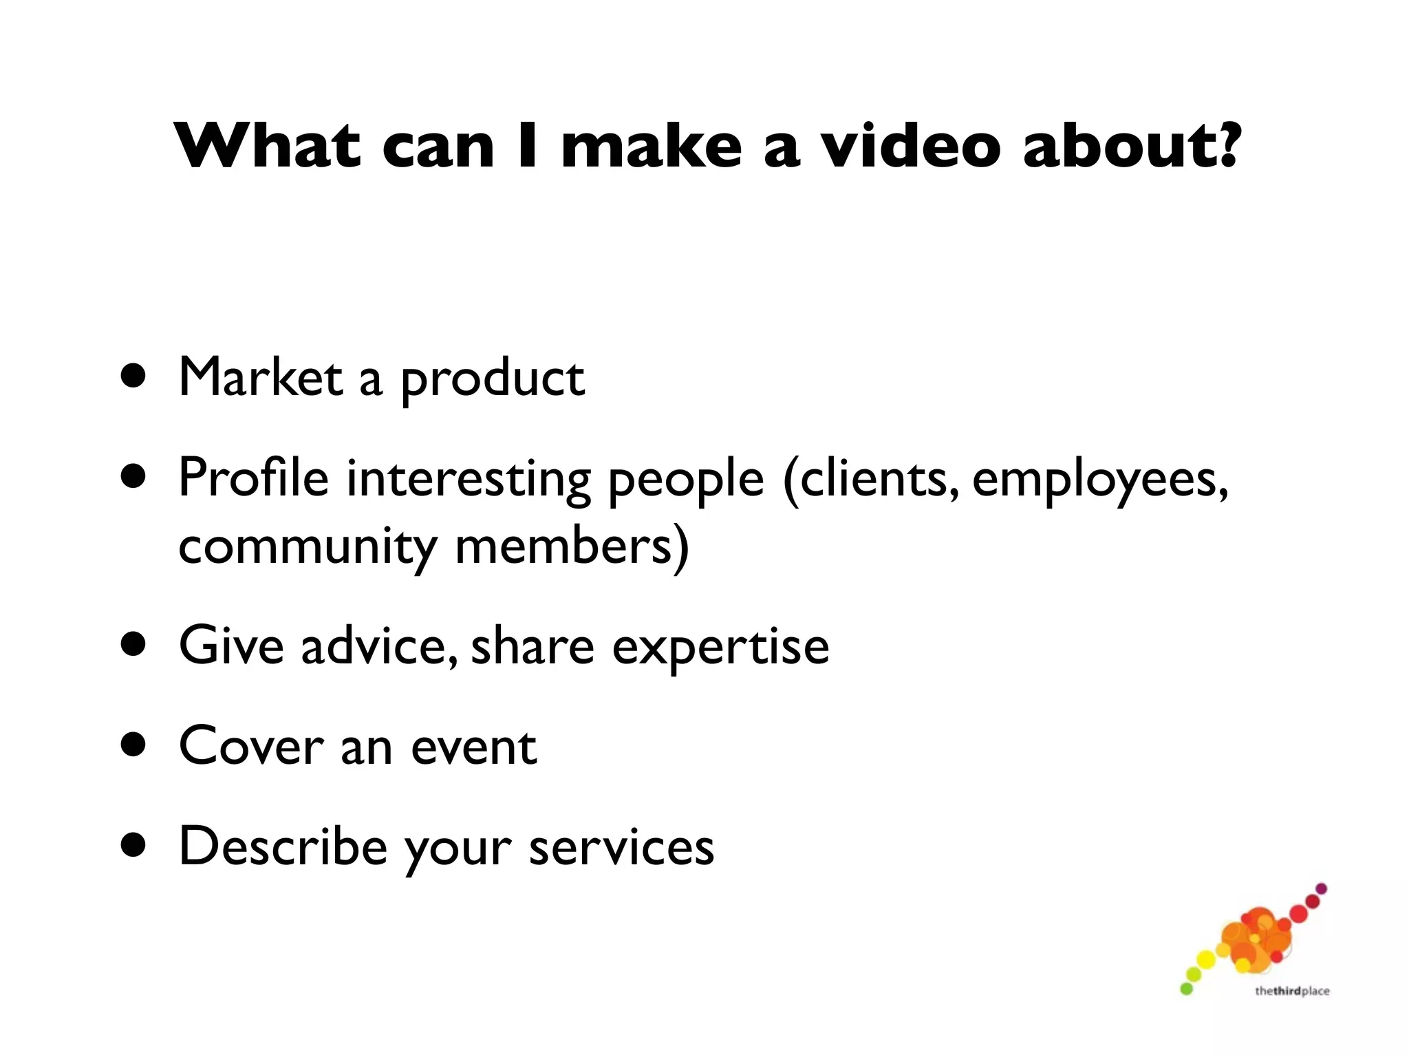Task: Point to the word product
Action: click(x=492, y=379)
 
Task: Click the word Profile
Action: click(x=253, y=477)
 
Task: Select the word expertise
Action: click(x=720, y=648)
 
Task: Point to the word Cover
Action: click(x=251, y=746)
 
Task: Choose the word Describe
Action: click(x=283, y=846)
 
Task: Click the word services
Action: click(x=621, y=847)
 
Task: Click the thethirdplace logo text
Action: click(x=1291, y=991)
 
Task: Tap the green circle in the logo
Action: click(x=1186, y=989)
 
